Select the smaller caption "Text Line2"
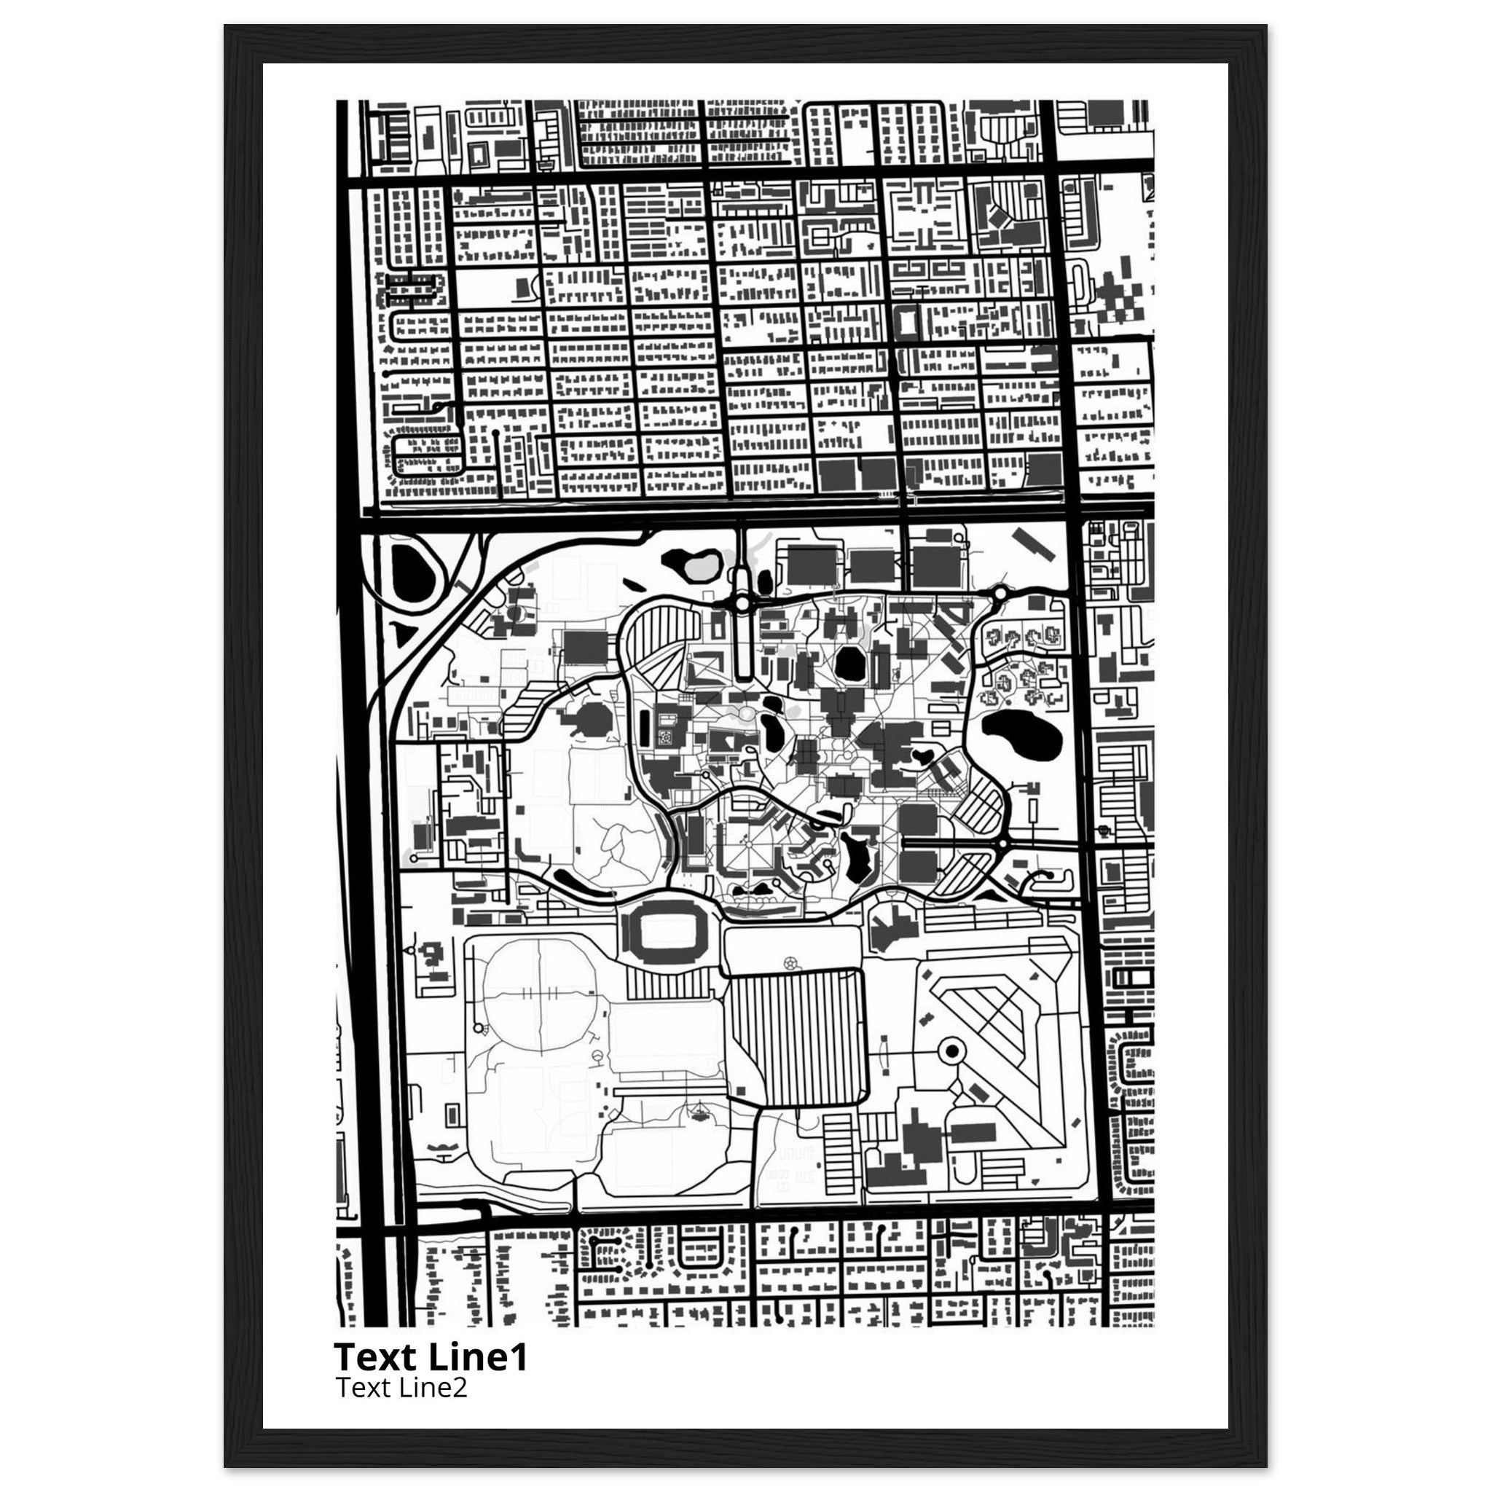401,1388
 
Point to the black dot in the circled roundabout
951,1051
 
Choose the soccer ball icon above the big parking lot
789,963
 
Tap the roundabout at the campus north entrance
742,602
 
